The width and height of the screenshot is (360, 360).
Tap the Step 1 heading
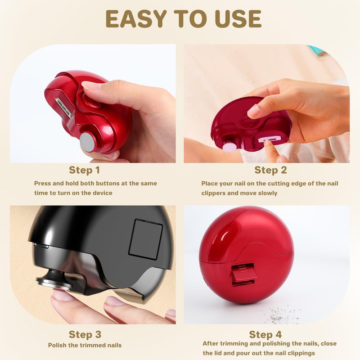point(85,171)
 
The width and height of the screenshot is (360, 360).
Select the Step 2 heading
point(271,171)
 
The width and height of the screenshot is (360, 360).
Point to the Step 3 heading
point(85,334)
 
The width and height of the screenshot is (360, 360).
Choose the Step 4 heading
point(265,334)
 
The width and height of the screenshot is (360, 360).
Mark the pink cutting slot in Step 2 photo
point(269,140)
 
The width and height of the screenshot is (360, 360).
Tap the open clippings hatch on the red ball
point(243,274)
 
